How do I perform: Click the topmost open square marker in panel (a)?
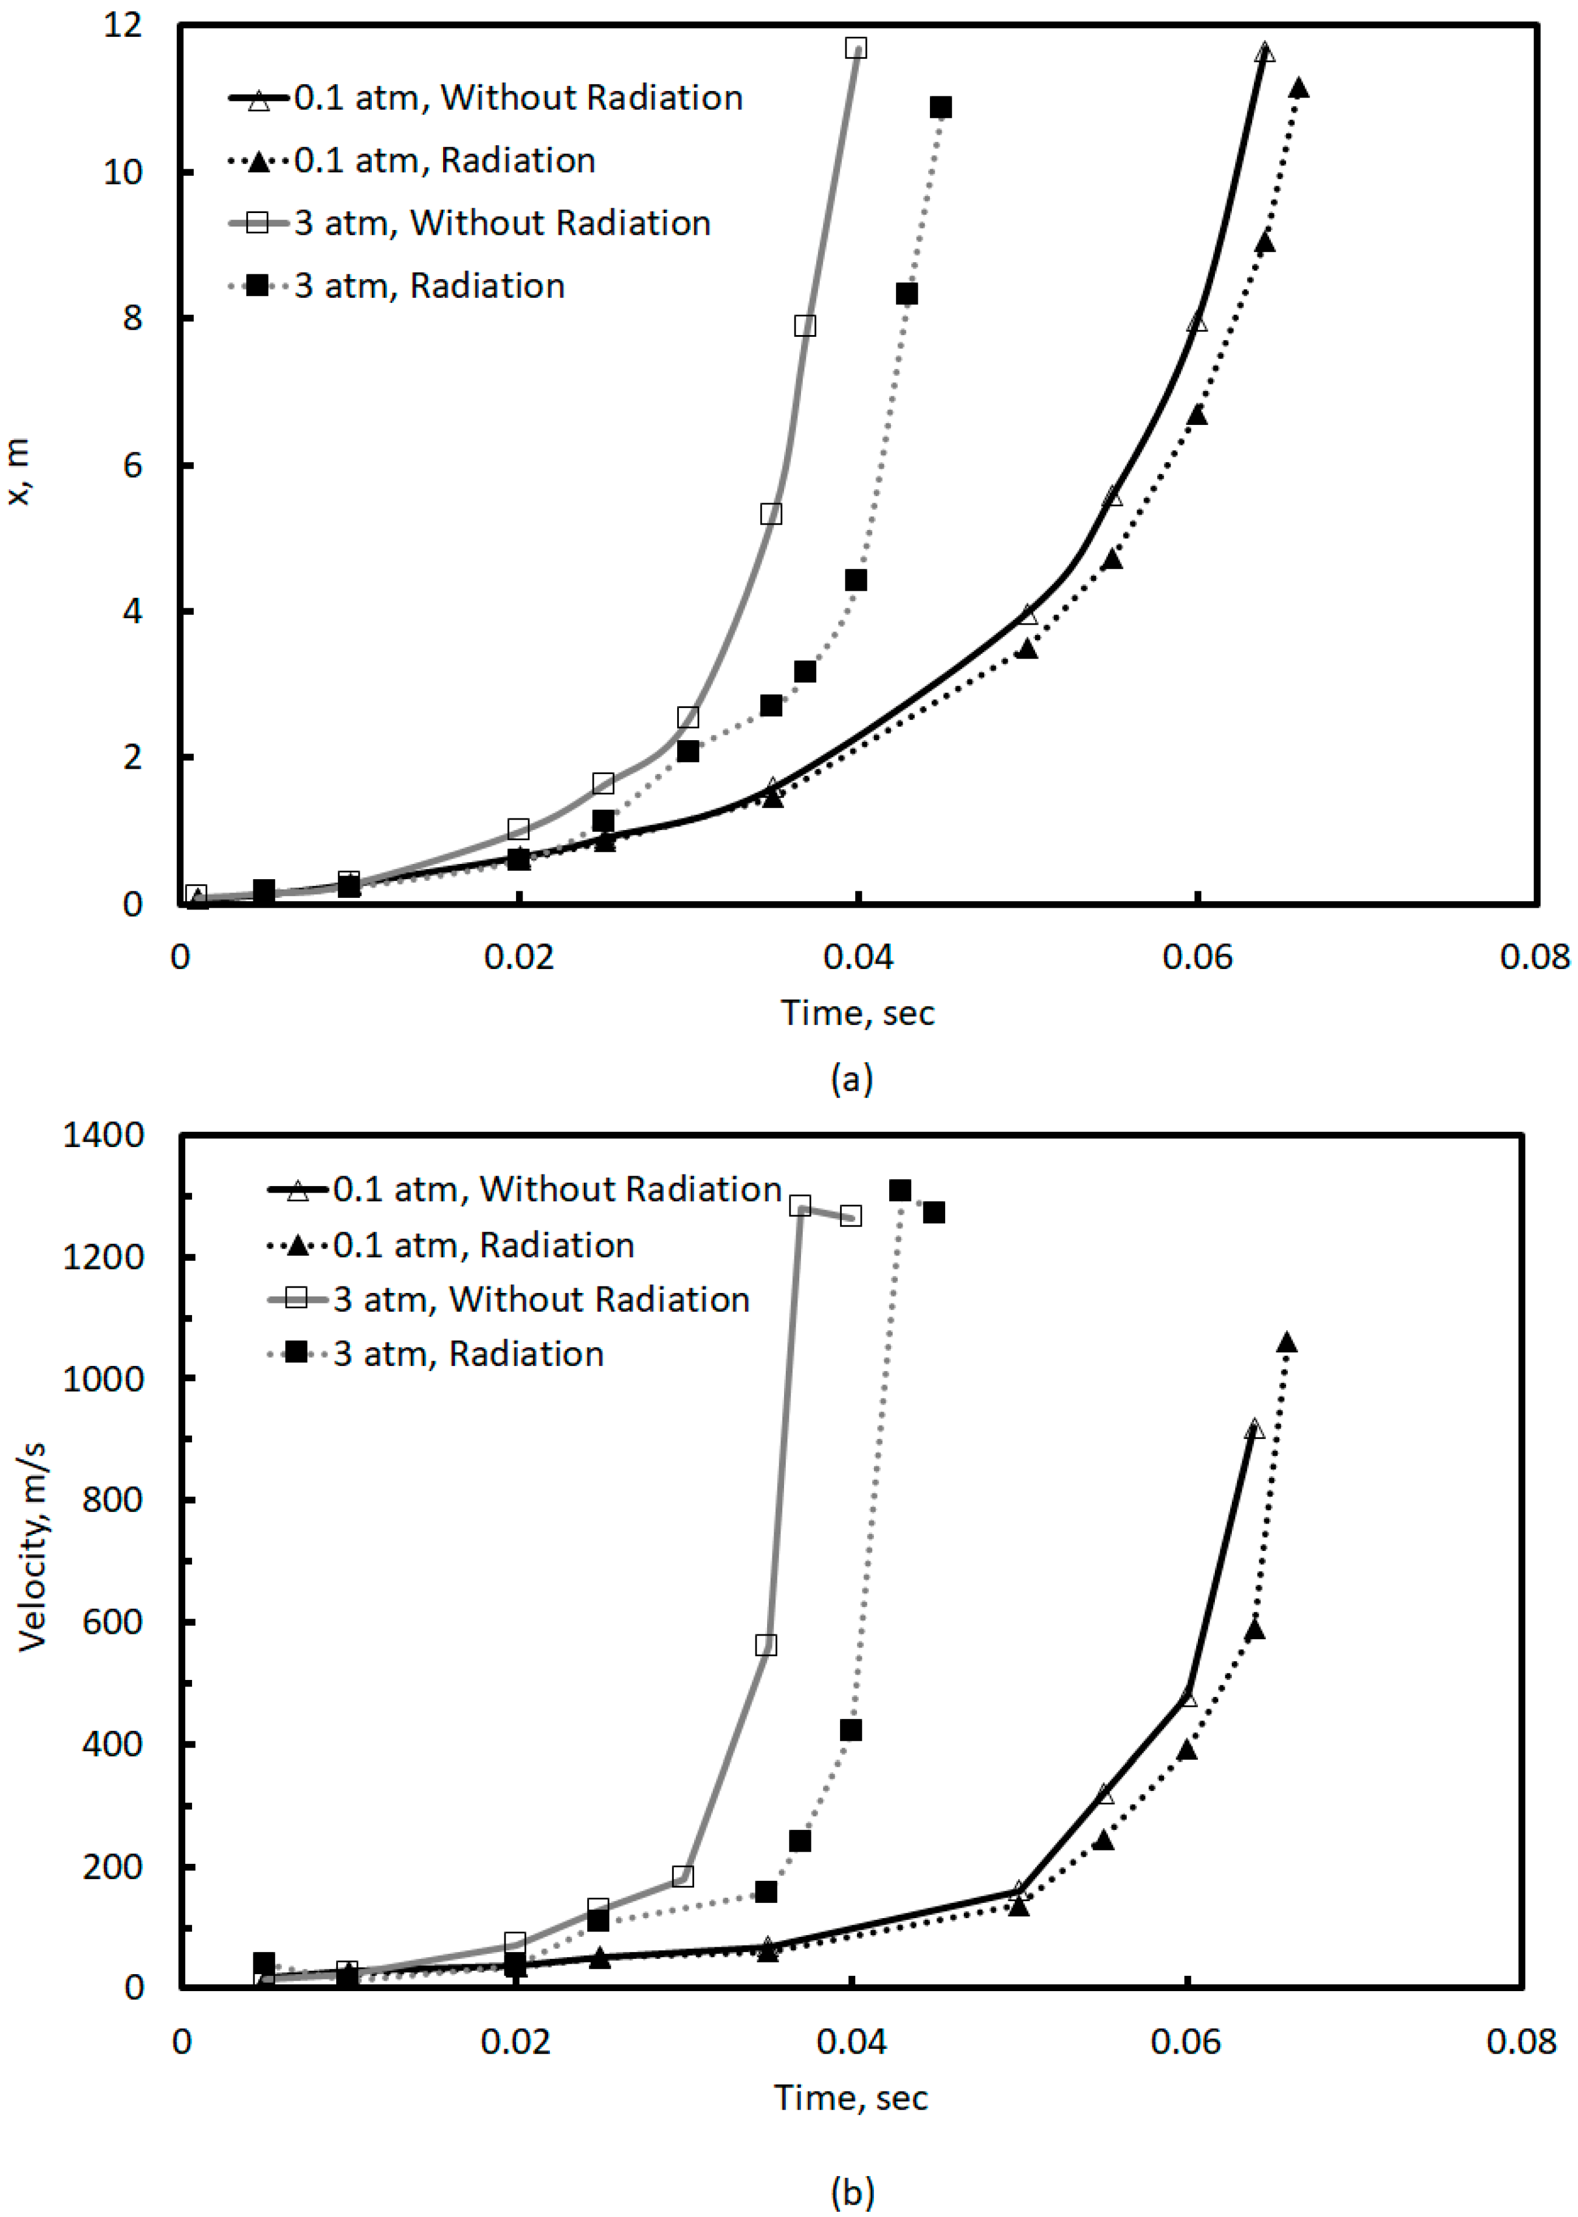click(x=855, y=48)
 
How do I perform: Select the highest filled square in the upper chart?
click(x=939, y=107)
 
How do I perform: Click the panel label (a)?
click(x=852, y=1078)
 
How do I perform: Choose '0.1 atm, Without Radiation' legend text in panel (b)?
click(x=557, y=1189)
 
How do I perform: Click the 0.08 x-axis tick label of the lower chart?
click(x=1521, y=2041)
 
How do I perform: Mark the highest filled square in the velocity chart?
click(x=900, y=1191)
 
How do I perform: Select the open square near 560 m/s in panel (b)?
click(x=766, y=1645)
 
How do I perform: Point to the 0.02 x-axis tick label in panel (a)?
click(x=519, y=957)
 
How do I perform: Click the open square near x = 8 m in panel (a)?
click(x=804, y=326)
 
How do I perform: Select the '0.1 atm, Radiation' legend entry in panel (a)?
click(x=444, y=161)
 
